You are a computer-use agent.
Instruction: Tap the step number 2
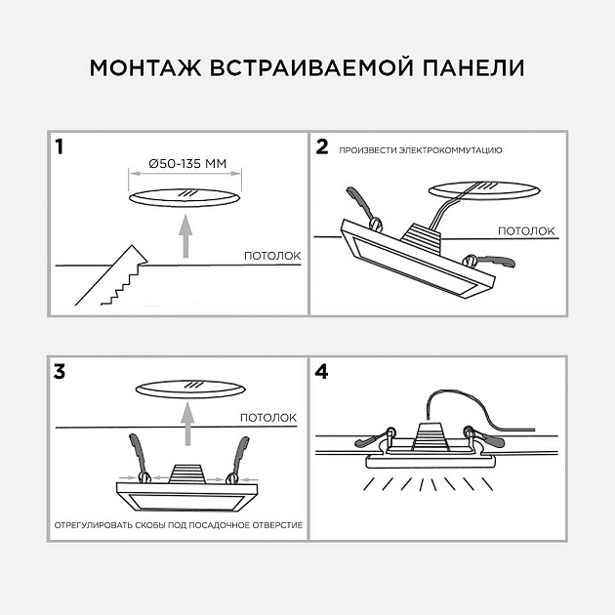(322, 148)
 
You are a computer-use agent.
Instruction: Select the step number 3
(61, 372)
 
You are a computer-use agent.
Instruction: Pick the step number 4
(323, 372)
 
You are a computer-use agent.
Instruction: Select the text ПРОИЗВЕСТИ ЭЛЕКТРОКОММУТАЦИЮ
(421, 151)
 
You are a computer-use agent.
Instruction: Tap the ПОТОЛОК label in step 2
(526, 231)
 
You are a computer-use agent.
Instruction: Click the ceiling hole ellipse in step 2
(483, 187)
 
